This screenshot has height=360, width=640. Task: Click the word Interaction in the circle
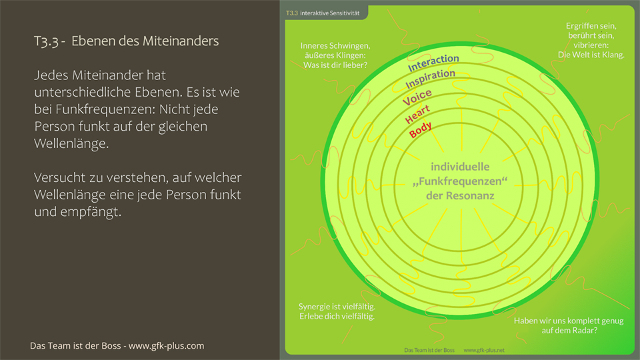click(433, 63)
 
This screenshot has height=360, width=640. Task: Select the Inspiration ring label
click(431, 79)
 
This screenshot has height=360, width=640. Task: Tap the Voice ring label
click(417, 97)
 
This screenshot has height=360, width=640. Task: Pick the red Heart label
click(417, 114)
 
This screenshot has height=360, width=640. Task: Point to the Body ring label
click(420, 129)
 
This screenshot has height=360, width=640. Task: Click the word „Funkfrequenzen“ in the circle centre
click(460, 181)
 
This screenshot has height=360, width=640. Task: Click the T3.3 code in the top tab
click(291, 13)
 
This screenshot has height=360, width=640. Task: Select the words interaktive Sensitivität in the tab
click(331, 13)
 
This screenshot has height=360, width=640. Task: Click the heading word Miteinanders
click(181, 41)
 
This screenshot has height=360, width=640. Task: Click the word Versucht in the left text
click(61, 178)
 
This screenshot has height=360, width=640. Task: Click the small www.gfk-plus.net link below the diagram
click(484, 351)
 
